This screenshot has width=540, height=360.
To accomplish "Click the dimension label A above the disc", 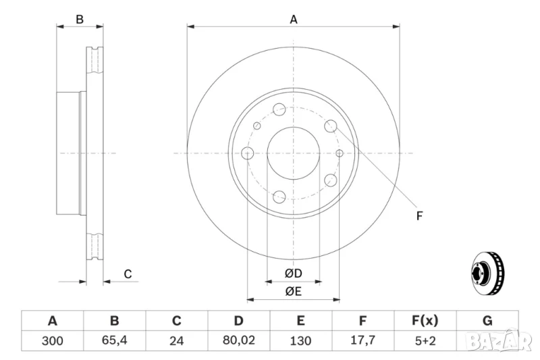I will (x=294, y=20).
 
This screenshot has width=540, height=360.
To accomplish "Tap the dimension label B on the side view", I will (x=80, y=20).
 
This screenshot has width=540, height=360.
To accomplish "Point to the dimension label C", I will (x=127, y=274).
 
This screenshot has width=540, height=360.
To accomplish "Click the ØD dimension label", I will (x=292, y=273).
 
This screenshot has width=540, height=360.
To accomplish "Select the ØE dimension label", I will (x=292, y=291).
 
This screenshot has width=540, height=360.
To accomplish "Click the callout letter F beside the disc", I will (x=419, y=216).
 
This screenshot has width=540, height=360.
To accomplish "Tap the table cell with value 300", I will (x=52, y=340).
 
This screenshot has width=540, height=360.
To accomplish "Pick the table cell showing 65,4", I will (x=114, y=340).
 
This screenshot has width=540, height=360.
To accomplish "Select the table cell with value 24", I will (x=177, y=340).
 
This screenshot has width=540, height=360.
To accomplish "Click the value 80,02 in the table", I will (x=239, y=340).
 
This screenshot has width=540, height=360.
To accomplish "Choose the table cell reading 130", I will (x=301, y=340).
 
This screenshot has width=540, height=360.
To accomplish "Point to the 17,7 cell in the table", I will (x=363, y=340).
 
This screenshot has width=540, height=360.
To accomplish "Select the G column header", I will (x=487, y=321).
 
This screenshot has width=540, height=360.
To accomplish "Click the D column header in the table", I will (x=239, y=321).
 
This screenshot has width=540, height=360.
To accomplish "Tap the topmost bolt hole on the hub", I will (x=279, y=109).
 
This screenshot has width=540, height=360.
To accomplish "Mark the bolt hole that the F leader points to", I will (x=331, y=126).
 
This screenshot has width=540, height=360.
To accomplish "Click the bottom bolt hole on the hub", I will (x=279, y=197).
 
